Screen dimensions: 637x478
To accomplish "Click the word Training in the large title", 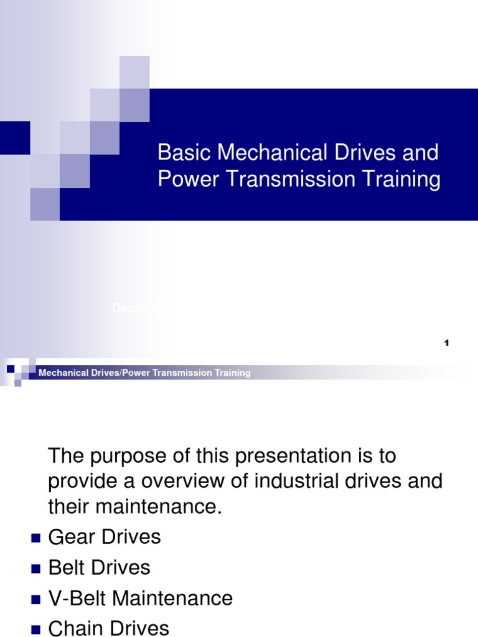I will click(402, 180).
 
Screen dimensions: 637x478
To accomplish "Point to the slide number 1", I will click(447, 343).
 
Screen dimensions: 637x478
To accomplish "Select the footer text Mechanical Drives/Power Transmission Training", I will click(144, 373).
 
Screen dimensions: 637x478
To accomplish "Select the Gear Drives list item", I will click(105, 537).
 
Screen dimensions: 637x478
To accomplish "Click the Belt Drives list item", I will click(99, 568).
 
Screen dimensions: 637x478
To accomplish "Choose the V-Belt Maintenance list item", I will click(141, 598).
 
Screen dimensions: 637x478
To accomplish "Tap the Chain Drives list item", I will click(108, 628).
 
